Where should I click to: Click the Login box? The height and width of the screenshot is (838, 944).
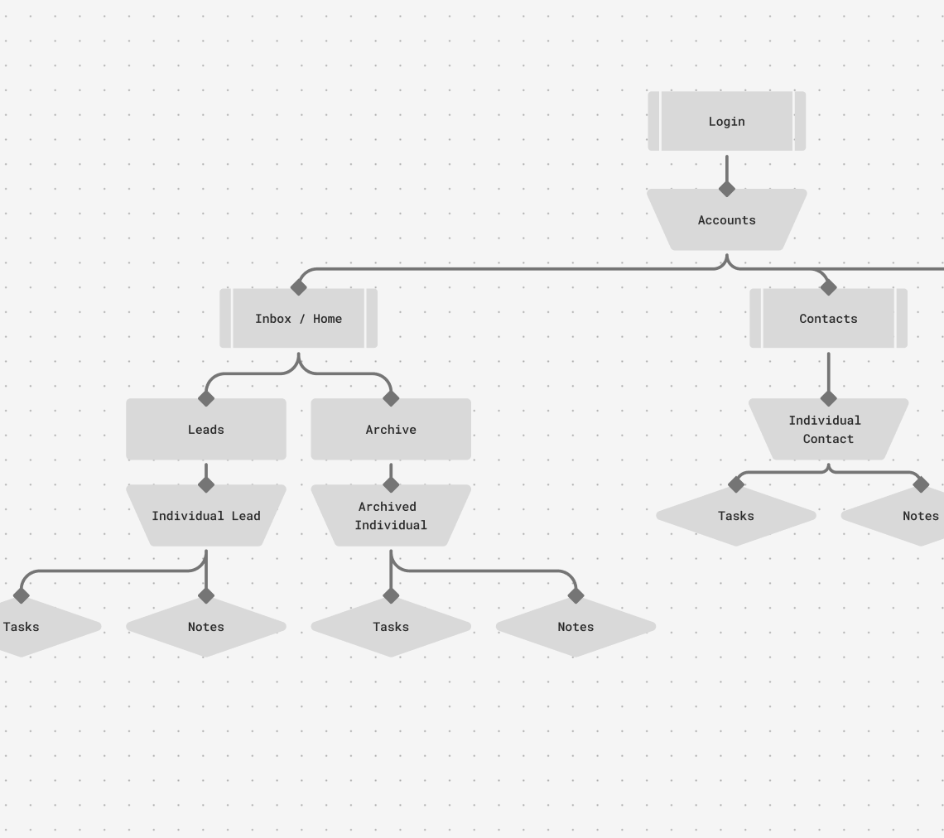(726, 121)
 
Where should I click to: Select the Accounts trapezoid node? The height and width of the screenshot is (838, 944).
(726, 220)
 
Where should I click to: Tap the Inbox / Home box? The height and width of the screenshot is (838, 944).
(298, 319)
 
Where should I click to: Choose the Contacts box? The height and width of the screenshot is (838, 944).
(828, 319)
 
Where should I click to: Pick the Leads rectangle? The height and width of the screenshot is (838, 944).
(205, 430)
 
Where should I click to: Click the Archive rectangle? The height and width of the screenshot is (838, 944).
(391, 430)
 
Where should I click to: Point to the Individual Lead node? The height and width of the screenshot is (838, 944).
(205, 516)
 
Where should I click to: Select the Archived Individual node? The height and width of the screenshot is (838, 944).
(391, 516)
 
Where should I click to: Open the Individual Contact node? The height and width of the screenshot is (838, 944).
(828, 430)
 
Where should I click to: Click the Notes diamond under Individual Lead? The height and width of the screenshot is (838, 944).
(205, 627)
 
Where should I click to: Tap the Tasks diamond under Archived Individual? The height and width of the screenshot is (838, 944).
(391, 627)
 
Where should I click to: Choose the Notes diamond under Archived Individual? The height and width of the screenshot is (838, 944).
(576, 627)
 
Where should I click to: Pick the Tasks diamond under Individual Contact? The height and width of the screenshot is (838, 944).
(735, 516)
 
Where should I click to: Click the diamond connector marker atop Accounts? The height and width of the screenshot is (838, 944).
(726, 189)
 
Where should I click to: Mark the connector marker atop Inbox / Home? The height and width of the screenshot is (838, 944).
(298, 287)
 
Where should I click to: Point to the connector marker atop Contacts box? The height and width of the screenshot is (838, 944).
(828, 287)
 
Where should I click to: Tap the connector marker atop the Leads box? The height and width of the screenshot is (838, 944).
(206, 398)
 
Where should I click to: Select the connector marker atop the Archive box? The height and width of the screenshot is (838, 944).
(391, 398)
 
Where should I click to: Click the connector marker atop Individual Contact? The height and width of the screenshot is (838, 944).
(828, 398)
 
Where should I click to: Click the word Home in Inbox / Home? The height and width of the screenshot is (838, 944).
(327, 319)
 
